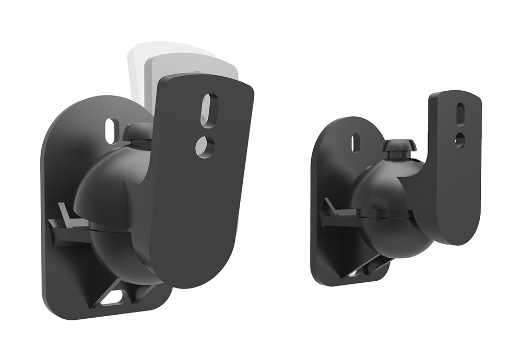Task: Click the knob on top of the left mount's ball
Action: pyautogui.click(x=138, y=133)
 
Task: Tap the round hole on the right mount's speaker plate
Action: pyautogui.click(x=459, y=139)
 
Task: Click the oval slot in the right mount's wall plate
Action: pyautogui.click(x=355, y=143)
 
